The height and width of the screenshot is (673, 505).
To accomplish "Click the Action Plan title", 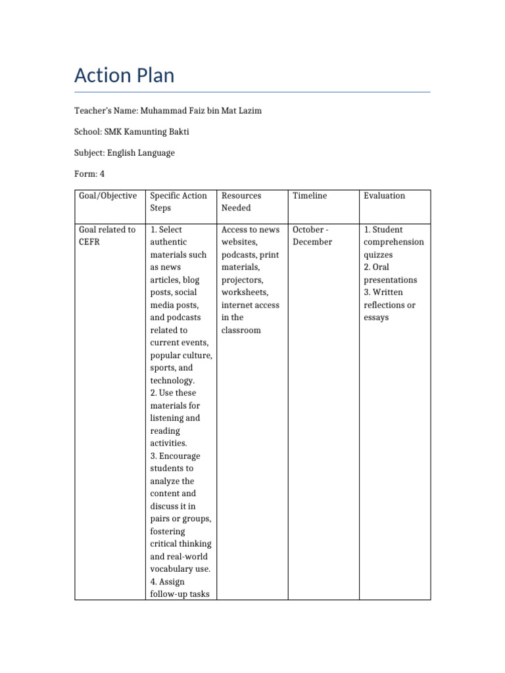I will click(x=124, y=76).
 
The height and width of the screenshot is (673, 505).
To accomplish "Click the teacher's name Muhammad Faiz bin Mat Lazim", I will click(x=201, y=110).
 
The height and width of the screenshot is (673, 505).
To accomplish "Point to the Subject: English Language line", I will click(x=124, y=152).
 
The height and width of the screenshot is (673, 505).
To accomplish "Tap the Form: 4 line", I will click(x=89, y=174).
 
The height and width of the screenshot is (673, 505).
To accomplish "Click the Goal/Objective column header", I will click(x=108, y=196).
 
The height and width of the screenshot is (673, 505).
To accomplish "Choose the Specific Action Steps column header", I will click(x=178, y=202).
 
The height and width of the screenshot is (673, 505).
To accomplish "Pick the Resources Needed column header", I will click(x=241, y=202).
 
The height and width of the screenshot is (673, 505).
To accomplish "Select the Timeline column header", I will click(x=310, y=196).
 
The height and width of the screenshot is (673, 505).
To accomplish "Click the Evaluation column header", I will click(x=385, y=196).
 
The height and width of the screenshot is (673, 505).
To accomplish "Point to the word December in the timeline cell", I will click(x=312, y=242).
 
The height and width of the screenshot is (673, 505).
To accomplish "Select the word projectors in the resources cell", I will click(x=242, y=280).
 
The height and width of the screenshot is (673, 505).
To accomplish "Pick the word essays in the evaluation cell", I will click(x=376, y=317).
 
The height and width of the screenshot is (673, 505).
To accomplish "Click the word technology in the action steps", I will click(x=173, y=381).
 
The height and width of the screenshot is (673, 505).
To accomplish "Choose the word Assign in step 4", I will click(x=172, y=582).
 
